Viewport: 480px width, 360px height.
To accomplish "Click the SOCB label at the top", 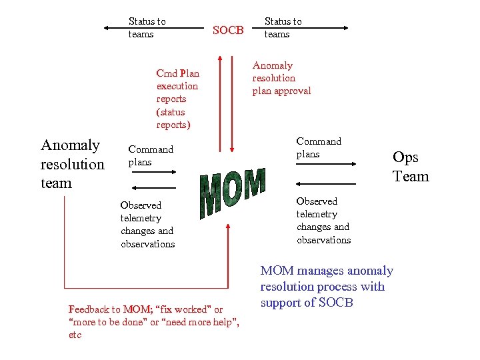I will [228, 30].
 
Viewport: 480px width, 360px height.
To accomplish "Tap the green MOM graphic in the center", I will [233, 192].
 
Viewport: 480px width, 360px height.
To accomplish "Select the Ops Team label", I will [411, 167].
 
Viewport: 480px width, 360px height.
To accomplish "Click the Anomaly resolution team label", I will [72, 164].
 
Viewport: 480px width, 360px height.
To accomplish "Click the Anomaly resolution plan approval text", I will [281, 78].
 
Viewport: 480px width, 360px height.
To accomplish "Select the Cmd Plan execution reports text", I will [177, 99].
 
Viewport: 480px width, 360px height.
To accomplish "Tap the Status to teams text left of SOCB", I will [147, 28].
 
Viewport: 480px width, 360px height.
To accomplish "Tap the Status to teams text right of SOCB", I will [283, 28].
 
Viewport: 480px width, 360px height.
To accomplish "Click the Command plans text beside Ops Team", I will [319, 148].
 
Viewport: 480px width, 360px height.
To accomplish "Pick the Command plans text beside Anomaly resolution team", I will [151, 156].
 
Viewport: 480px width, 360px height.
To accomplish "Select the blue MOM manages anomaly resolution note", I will [327, 287].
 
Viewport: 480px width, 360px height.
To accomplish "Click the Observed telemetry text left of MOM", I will [147, 225].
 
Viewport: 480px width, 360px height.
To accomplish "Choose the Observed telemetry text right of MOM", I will [323, 221].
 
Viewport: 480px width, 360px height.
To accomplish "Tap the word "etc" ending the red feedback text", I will [75, 335].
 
